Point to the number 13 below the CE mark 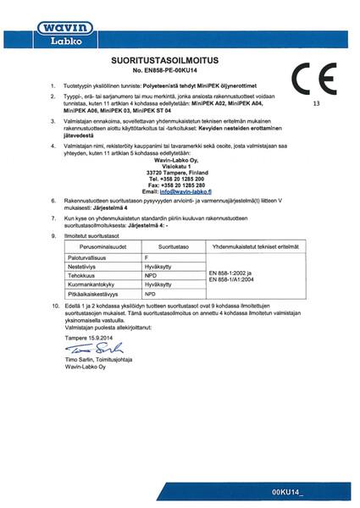tap(317, 104)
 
